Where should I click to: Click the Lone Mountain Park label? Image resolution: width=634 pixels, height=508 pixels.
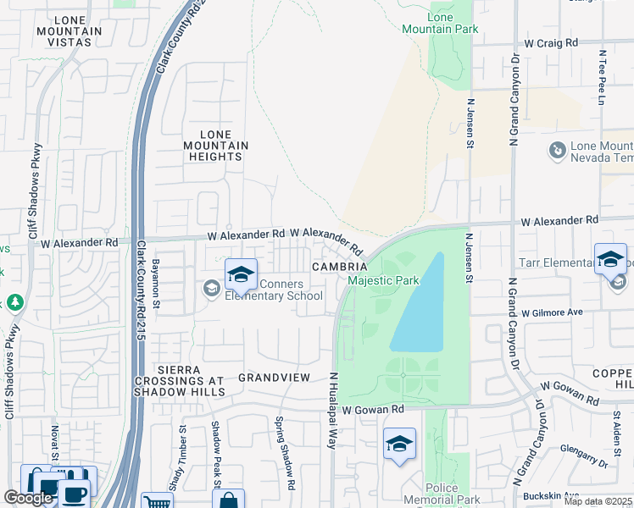[x=452, y=23]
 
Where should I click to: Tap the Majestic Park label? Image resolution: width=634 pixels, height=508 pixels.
[x=384, y=280]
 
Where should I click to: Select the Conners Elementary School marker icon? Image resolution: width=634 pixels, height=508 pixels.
[x=241, y=276]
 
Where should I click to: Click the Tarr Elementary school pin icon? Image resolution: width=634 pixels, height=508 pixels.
[x=610, y=260]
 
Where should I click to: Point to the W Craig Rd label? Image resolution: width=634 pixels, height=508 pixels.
[x=550, y=42]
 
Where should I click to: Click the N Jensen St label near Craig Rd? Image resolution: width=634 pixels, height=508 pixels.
[x=469, y=122]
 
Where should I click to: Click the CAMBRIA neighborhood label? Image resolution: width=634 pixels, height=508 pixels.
[x=338, y=266]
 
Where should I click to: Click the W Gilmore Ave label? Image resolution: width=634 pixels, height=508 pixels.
[x=553, y=312]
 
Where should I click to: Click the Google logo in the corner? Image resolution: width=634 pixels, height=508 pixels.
[x=28, y=498]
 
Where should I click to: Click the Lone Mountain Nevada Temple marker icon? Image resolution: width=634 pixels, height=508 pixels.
[x=557, y=151]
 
